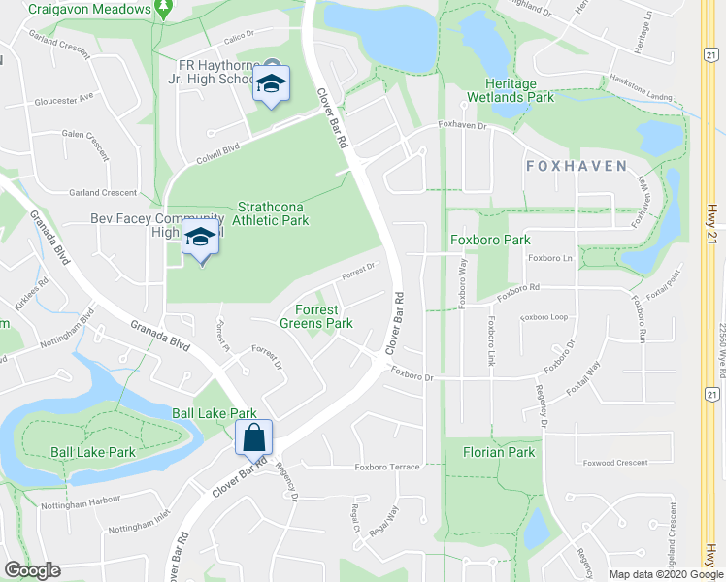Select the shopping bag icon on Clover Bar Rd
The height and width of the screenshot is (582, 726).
coord(253,437)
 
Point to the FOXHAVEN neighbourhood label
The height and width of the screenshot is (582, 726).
coord(577,166)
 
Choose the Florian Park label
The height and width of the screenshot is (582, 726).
coord(499,452)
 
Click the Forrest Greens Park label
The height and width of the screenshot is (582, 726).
coord(316,316)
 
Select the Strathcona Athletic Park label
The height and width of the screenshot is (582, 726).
coord(274,214)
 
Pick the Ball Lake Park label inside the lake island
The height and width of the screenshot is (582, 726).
coord(93,452)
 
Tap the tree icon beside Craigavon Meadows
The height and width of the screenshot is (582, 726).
coord(164,9)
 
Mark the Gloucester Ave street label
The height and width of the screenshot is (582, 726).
coord(62,97)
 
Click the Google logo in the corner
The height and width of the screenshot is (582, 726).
coord(33,570)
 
